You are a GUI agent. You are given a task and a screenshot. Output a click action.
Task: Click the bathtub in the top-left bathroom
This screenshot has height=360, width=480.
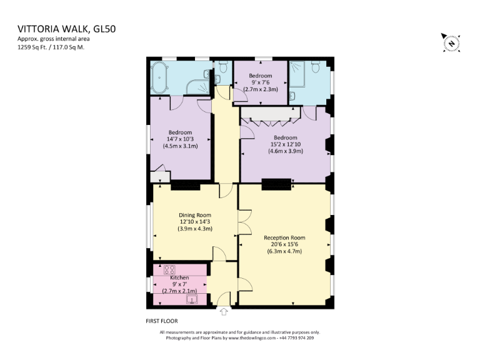(166, 78)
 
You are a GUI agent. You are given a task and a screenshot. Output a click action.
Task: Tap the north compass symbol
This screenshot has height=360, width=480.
(449, 42)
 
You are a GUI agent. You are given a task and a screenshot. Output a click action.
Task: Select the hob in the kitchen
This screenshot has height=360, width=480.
(169, 270)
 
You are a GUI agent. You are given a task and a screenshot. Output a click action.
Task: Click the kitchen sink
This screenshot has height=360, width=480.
(191, 299)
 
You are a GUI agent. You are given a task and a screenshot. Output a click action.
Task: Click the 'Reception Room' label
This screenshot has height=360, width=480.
(284, 237)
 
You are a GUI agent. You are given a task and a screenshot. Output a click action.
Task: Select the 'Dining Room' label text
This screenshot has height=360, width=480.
(195, 215)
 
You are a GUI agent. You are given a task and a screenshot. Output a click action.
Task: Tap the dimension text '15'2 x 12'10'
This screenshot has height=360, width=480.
(284, 144)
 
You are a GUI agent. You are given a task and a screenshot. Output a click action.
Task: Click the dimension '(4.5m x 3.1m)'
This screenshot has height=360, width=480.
(180, 146)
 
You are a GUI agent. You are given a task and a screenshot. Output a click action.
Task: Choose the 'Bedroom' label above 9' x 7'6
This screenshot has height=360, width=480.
(261, 76)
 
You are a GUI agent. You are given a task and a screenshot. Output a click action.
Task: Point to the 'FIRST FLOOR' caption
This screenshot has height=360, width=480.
(162, 321)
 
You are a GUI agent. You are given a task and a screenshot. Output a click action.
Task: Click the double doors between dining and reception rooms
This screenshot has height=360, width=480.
(239, 224)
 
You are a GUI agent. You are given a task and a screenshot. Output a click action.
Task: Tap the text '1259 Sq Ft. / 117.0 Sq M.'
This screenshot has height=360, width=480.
(51, 47)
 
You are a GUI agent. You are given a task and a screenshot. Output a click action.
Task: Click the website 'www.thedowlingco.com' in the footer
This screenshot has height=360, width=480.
(252, 338)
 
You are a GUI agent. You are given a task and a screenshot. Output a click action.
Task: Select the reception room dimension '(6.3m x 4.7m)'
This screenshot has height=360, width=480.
(284, 251)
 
